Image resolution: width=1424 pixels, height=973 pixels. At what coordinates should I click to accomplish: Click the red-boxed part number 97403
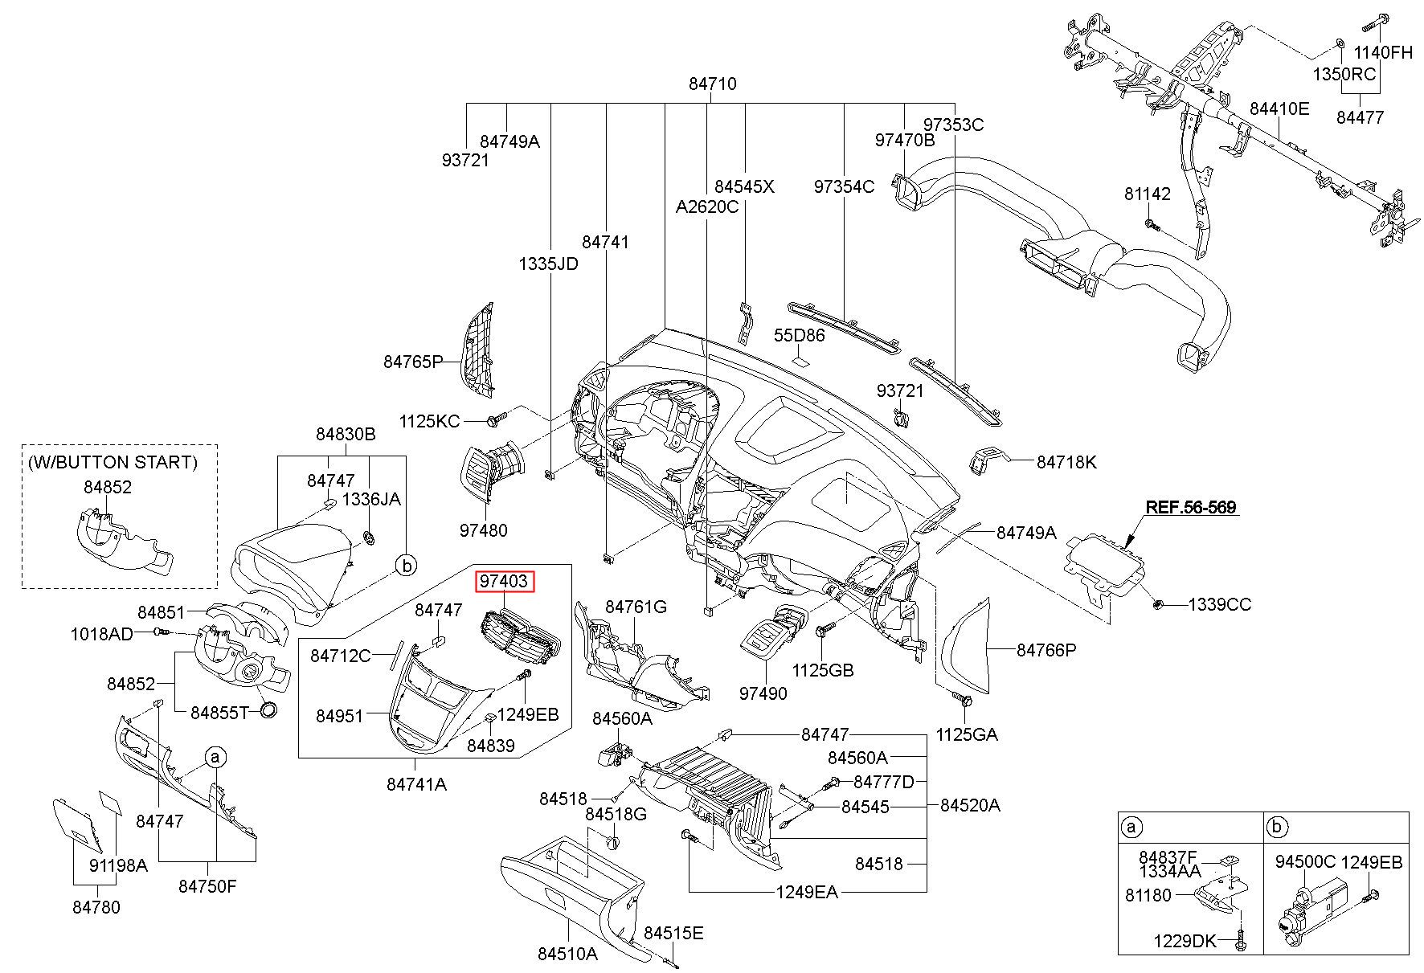tap(504, 581)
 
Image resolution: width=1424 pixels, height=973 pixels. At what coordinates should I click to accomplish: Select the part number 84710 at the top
tap(713, 84)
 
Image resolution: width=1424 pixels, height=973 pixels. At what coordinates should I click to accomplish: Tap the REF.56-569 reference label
tap(1191, 507)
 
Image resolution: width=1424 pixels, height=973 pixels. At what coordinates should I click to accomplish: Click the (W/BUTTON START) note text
tap(113, 462)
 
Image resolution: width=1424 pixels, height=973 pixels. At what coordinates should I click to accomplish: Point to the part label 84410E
tap(1279, 108)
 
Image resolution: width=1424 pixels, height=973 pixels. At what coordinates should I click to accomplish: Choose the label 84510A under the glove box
tap(568, 954)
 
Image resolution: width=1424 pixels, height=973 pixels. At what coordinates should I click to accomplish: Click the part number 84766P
tap(1046, 650)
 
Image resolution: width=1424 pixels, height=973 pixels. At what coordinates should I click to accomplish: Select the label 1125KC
tap(430, 420)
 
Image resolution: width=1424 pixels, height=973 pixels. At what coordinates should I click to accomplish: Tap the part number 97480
tap(484, 530)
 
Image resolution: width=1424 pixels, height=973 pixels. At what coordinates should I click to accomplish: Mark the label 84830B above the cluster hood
tap(346, 434)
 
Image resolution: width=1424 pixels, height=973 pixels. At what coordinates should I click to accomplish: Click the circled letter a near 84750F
tap(215, 757)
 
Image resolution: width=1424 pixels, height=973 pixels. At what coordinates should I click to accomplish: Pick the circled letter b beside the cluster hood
tap(407, 566)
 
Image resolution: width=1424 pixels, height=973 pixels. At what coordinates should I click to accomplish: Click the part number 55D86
tap(800, 335)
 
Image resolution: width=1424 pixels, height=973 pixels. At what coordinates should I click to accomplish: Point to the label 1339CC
tap(1220, 604)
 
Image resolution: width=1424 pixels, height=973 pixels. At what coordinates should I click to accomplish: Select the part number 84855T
tap(220, 712)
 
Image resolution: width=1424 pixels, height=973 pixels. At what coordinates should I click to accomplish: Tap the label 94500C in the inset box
tap(1306, 862)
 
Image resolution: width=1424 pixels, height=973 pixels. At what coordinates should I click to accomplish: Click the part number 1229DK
tap(1185, 941)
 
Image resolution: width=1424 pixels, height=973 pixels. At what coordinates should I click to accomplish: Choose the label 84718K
tap(1066, 462)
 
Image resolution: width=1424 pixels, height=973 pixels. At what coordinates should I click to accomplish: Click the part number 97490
tap(763, 693)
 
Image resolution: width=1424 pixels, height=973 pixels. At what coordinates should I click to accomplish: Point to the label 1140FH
tap(1384, 53)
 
